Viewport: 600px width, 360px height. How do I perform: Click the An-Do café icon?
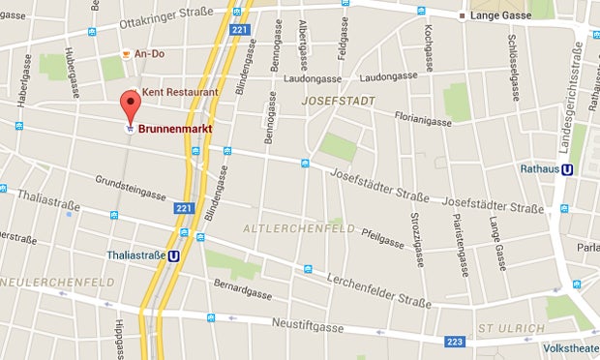pyautogui.click(x=127, y=55)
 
